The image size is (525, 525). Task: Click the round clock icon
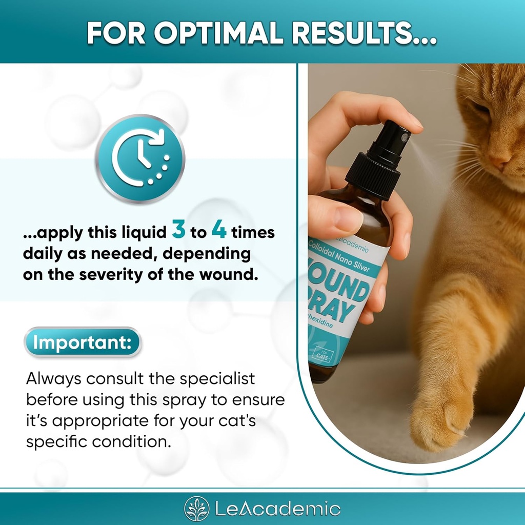tap(139, 158)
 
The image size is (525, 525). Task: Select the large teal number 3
tap(179, 231)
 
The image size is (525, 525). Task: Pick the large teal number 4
tap(219, 231)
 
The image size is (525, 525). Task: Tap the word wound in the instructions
tap(229, 274)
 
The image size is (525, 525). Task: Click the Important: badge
tap(82, 342)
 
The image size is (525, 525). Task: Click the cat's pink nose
tap(498, 161)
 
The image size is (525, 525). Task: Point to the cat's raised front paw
tap(442, 415)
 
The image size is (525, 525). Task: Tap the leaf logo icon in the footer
tap(197, 509)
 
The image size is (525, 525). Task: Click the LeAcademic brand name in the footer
tap(277, 509)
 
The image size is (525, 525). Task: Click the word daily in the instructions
tap(41, 254)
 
